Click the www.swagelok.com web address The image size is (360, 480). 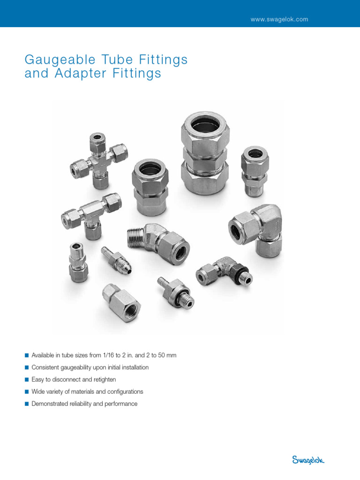280,19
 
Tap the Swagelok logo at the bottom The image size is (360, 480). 308,460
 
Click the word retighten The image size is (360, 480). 103,380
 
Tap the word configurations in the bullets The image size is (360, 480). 124,392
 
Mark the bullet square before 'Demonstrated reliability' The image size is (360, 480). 27,404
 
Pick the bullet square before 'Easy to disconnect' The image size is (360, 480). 27,380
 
